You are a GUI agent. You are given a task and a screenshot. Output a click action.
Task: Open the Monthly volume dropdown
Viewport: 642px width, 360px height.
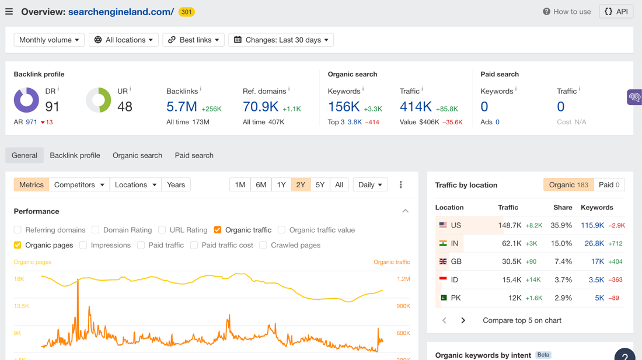click(x=49, y=40)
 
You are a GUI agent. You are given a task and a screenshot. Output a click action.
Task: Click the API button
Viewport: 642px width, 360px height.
click(x=616, y=12)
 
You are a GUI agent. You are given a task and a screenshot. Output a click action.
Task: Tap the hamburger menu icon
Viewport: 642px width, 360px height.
click(x=9, y=12)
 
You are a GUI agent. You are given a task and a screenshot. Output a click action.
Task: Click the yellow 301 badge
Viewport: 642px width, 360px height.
click(x=186, y=12)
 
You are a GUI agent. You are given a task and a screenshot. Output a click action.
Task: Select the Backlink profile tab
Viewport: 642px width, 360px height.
click(x=75, y=155)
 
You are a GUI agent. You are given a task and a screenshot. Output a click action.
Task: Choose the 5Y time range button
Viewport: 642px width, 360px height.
click(x=320, y=185)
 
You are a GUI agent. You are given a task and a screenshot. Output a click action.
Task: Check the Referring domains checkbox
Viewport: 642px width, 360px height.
click(x=18, y=230)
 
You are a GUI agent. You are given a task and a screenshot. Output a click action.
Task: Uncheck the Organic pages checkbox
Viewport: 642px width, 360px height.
click(x=18, y=245)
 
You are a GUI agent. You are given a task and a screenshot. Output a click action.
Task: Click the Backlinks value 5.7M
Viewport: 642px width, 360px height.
click(x=182, y=107)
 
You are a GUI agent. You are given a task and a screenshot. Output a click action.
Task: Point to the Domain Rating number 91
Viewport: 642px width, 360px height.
click(x=53, y=107)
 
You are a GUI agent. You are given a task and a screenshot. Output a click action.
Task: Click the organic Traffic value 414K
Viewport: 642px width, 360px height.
click(x=416, y=107)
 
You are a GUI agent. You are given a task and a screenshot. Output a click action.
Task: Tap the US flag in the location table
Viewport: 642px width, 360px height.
click(x=443, y=225)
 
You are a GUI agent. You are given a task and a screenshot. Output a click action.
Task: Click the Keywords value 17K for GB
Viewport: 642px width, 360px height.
click(x=598, y=261)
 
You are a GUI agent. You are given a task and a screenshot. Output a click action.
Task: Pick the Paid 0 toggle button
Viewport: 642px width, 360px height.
click(x=609, y=185)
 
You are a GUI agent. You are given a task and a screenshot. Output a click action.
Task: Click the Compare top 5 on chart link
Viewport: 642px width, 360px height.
click(x=522, y=320)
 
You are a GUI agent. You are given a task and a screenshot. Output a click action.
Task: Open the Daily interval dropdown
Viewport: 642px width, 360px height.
click(x=370, y=185)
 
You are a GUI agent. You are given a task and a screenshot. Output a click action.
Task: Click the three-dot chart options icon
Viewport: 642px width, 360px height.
click(x=401, y=185)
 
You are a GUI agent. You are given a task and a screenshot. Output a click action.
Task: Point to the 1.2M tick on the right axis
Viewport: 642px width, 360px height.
click(x=403, y=279)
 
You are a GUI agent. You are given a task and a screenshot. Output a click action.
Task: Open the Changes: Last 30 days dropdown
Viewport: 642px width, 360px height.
click(x=281, y=40)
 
